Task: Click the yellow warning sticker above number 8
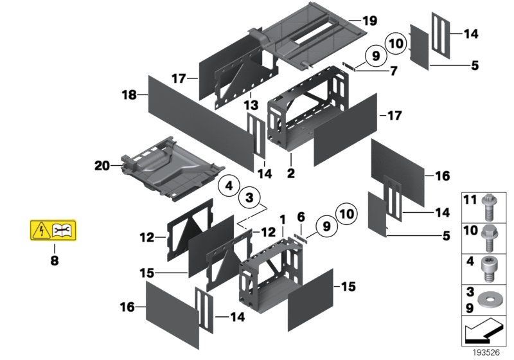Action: [x=55, y=230]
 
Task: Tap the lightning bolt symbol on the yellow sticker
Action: [x=42, y=230]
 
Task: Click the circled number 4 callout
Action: [x=227, y=187]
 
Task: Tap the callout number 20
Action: [x=102, y=165]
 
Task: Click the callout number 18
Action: [x=130, y=95]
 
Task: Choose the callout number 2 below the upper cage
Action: [x=290, y=173]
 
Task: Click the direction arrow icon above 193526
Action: [x=483, y=334]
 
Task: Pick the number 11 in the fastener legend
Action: [x=468, y=201]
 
